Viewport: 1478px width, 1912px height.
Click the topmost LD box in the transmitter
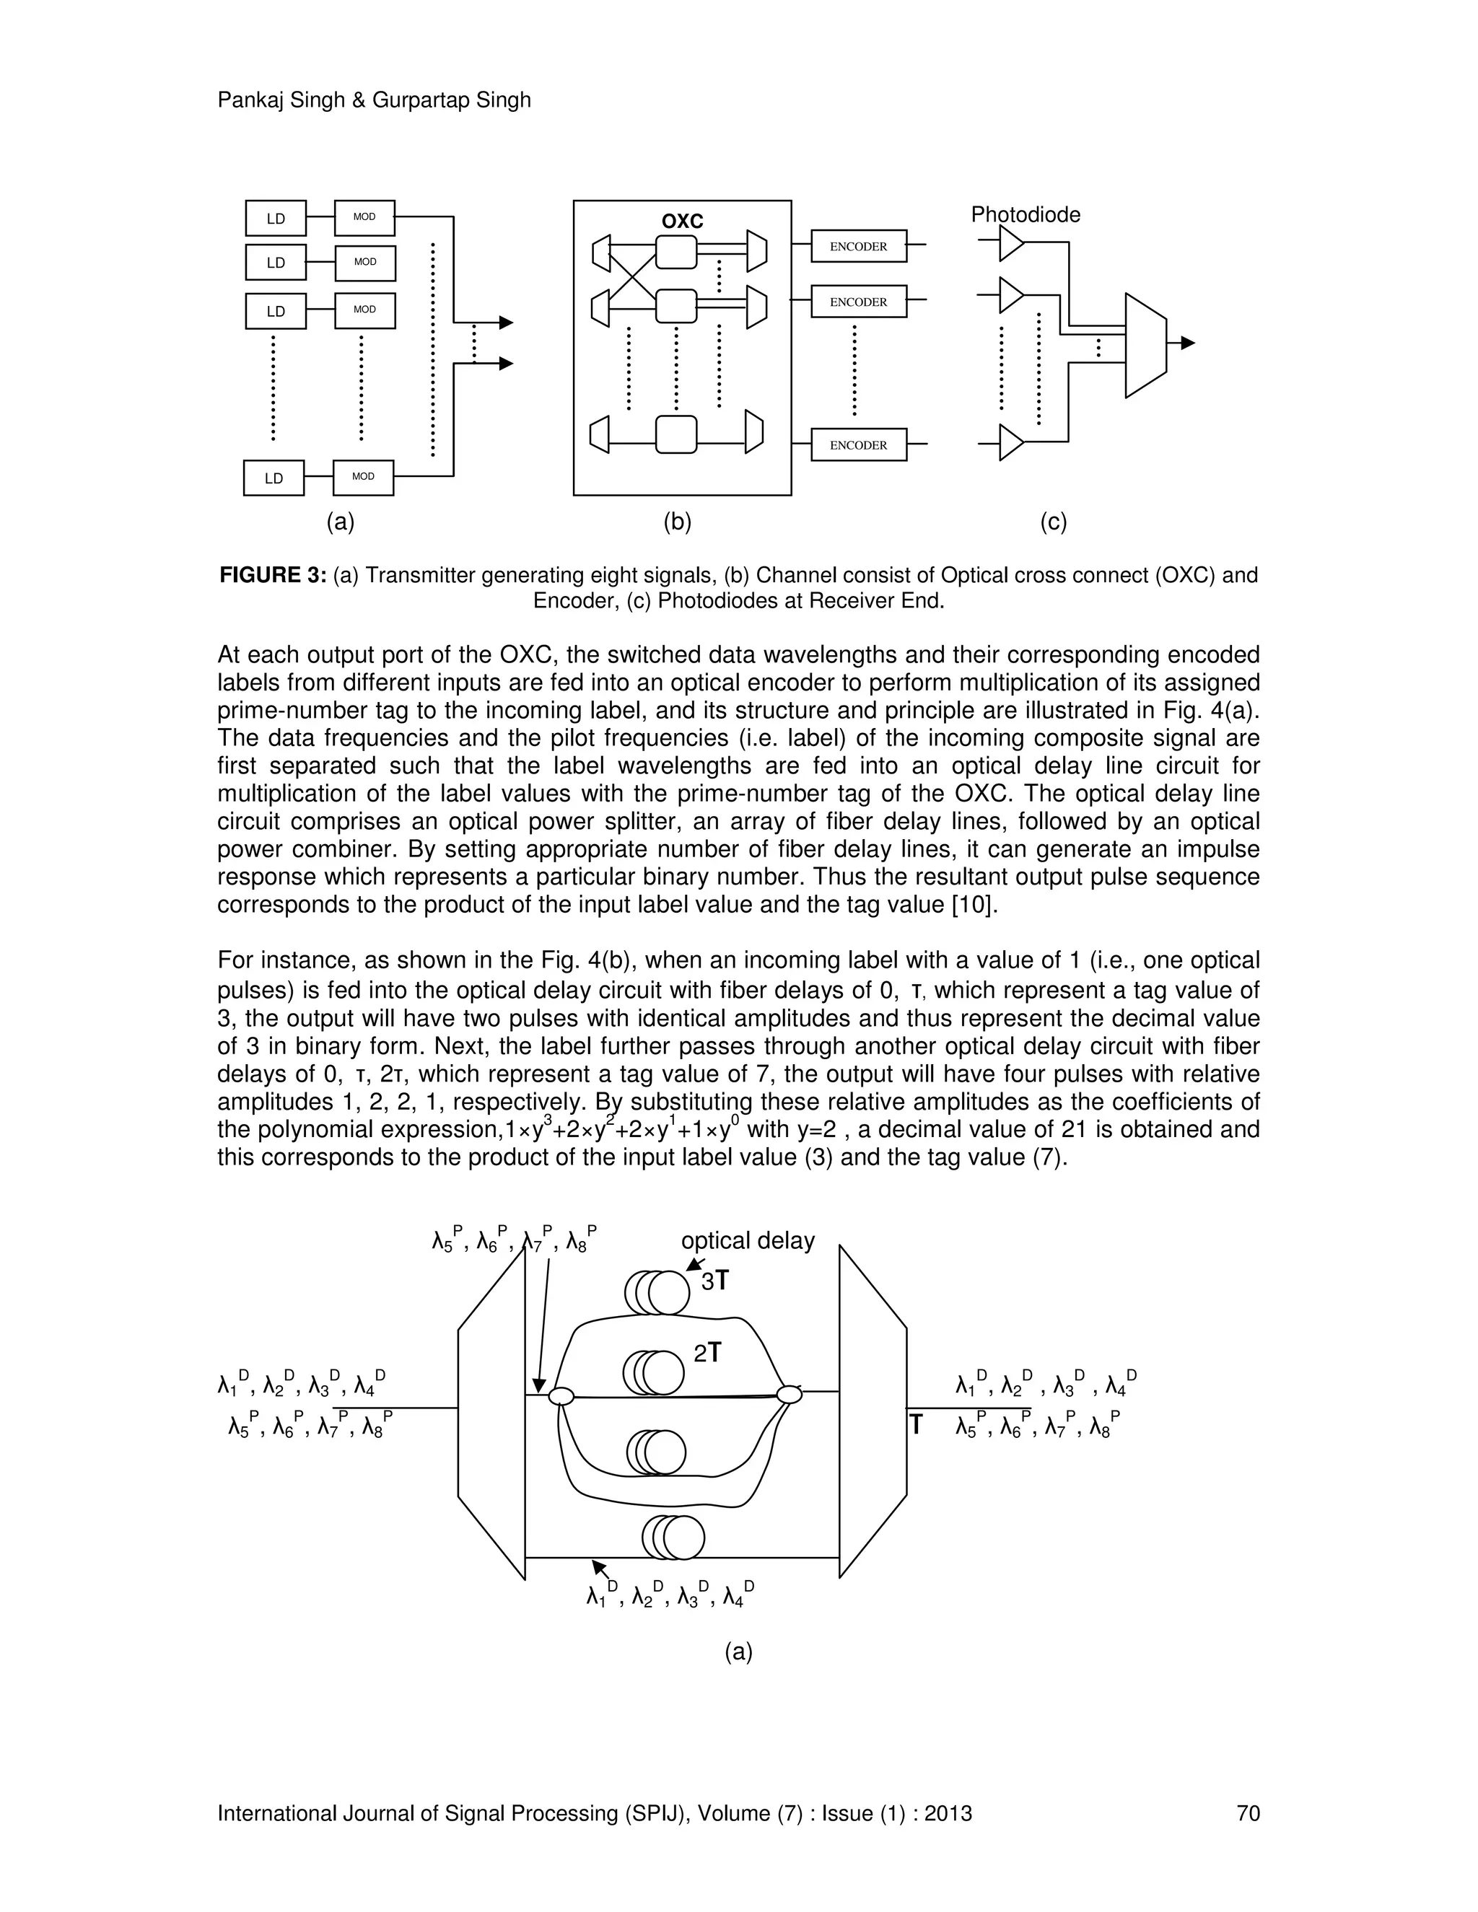coord(276,218)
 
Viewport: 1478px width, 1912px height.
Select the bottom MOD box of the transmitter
coord(364,477)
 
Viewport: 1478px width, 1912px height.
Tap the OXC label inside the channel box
coord(682,222)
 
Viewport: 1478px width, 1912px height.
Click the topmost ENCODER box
coord(858,247)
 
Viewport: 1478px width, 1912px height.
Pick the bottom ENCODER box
coord(858,444)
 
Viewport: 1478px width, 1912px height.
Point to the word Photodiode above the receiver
coord(1026,214)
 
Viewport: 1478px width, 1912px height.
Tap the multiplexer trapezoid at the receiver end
coord(1145,345)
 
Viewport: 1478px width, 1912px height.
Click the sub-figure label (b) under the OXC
coord(677,522)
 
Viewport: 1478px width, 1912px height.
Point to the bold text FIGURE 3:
coord(272,575)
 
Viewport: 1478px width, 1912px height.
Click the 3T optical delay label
coord(714,1281)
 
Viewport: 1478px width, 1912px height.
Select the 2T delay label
coord(707,1354)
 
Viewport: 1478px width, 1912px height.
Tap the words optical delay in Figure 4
coord(748,1240)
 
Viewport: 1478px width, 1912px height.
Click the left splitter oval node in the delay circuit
coord(560,1396)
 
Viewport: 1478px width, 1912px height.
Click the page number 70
coord(1248,1813)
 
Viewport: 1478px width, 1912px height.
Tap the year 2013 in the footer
coord(948,1813)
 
